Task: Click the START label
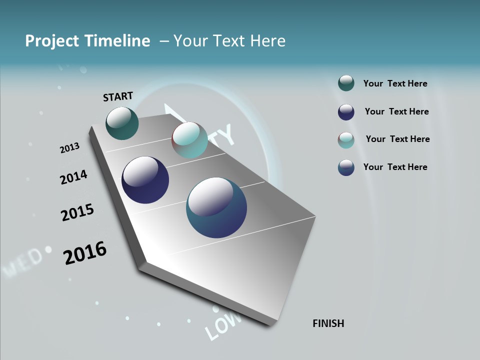point(118,96)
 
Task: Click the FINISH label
point(328,323)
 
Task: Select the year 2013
point(69,148)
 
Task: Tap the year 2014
point(73,177)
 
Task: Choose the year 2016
point(85,253)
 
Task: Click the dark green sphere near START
point(122,123)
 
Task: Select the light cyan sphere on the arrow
point(189,140)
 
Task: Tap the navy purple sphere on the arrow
point(145,180)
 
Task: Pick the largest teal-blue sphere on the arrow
point(216,208)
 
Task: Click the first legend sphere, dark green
point(346,83)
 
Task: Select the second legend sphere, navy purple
point(346,112)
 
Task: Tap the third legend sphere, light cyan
point(346,140)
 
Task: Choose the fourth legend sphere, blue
point(346,167)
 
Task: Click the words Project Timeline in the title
point(87,41)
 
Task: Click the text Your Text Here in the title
point(229,41)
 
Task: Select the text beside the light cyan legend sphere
point(397,139)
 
